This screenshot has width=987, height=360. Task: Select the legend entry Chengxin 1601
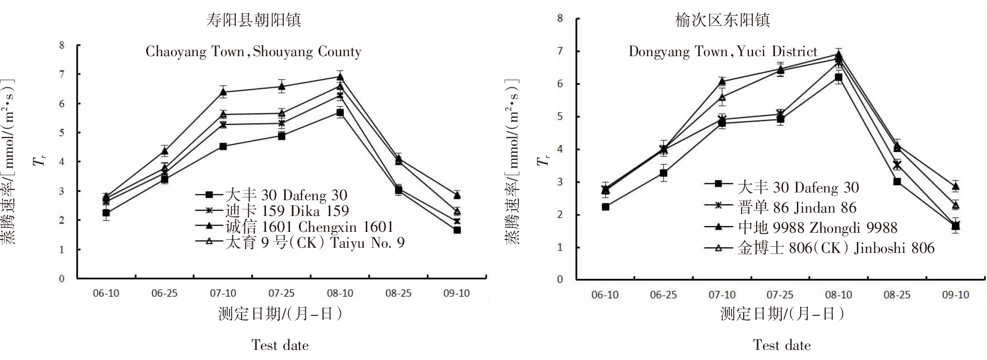click(309, 227)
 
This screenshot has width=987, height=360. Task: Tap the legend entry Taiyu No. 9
click(315, 242)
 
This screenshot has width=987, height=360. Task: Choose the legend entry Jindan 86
click(797, 207)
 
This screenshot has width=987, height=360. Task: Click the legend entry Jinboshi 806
click(836, 248)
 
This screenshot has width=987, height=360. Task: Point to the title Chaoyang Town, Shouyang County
click(253, 52)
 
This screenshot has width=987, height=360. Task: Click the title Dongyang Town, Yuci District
click(723, 51)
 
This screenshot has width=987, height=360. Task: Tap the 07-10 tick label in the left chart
click(223, 293)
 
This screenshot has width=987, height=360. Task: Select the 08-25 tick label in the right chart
click(897, 295)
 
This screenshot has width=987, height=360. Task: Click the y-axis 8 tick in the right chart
click(560, 19)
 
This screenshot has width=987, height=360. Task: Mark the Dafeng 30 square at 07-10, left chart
click(223, 146)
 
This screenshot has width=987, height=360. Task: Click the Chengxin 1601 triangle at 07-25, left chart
click(282, 86)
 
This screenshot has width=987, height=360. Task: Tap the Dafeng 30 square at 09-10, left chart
click(457, 230)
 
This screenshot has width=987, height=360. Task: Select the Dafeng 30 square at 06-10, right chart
click(605, 207)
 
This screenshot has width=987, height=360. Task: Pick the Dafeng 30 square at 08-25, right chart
click(897, 181)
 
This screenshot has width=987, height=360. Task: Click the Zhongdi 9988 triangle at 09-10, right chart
click(955, 186)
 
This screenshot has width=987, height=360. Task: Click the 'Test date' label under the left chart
click(280, 345)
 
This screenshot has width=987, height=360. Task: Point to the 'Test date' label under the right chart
click(782, 345)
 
